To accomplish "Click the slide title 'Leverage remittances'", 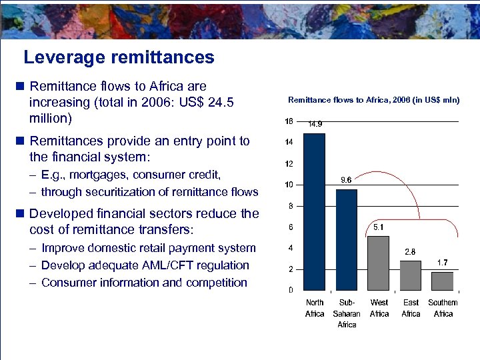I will [x=119, y=57].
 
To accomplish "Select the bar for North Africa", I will [x=315, y=211].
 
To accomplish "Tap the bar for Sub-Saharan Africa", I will [x=347, y=239].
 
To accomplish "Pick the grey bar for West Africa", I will [x=379, y=263].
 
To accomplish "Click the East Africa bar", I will [x=411, y=275].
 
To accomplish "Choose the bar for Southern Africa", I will [x=443, y=281].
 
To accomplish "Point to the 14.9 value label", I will [x=315, y=124].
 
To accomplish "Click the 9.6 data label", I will [x=347, y=179].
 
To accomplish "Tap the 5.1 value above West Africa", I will [x=379, y=227].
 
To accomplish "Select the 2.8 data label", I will [x=411, y=251].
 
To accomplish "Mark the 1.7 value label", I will [x=443, y=263].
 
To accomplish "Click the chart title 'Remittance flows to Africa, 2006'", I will [x=373, y=100].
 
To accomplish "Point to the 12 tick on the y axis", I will [x=289, y=163].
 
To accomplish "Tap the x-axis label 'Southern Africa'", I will [x=443, y=308].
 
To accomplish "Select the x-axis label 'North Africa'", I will [x=315, y=308].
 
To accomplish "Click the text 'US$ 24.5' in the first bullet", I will [x=200, y=103].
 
